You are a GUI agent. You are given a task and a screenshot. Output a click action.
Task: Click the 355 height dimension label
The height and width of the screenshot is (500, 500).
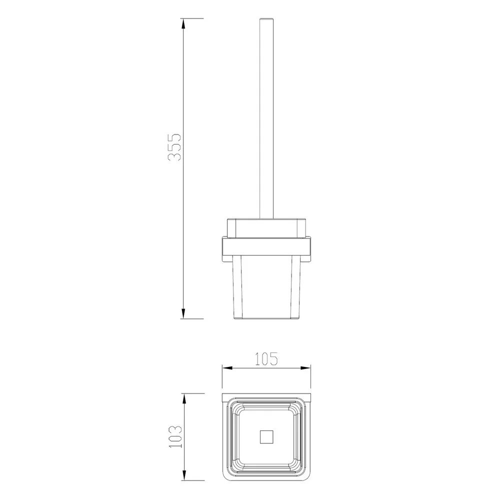[174, 146]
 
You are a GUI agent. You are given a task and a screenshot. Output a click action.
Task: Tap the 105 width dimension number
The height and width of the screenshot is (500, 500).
[266, 359]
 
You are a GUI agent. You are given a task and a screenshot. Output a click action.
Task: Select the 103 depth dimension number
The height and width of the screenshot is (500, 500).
[175, 436]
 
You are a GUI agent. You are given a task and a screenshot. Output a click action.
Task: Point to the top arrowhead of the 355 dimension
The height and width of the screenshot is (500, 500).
[183, 23]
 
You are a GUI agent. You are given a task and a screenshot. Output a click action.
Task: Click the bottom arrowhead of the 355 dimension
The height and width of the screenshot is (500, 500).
[183, 313]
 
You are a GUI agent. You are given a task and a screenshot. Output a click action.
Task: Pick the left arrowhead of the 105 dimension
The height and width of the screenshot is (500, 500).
[227, 368]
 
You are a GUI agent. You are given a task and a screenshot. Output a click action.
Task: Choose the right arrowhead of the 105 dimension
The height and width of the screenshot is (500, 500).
[305, 368]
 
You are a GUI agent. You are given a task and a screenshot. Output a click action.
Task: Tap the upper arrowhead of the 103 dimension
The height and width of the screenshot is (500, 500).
[183, 398]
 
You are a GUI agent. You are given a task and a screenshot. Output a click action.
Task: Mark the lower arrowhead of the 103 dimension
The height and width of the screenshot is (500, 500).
[183, 475]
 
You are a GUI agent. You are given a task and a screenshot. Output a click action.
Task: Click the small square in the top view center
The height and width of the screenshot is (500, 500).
[266, 437]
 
